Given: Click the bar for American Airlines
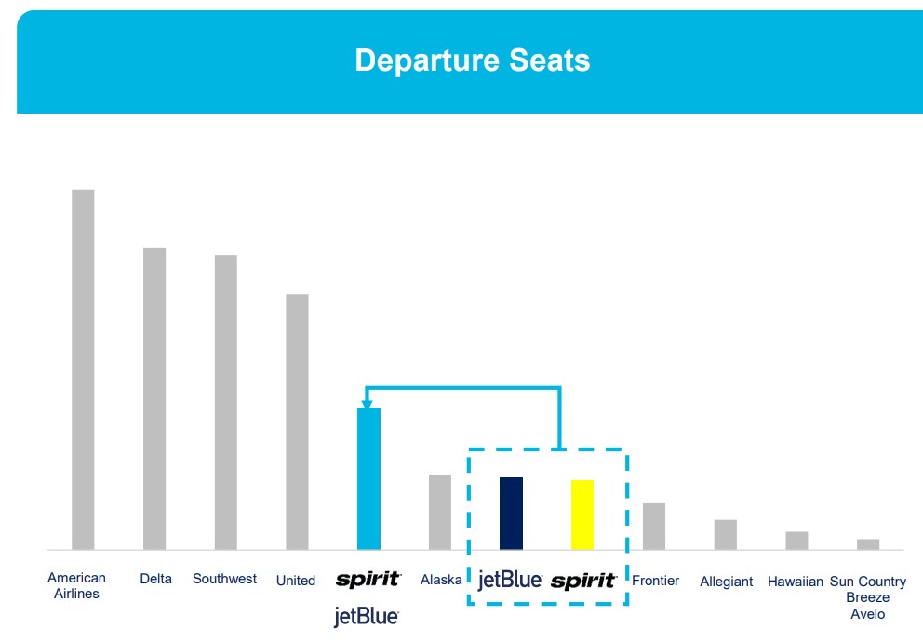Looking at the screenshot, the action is [83, 369].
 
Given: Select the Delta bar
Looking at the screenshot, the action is [154, 399].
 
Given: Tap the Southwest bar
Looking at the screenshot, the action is [226, 403].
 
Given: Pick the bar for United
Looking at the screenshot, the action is [297, 421].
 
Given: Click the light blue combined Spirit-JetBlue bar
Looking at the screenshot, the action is [369, 478].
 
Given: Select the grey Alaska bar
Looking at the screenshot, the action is [440, 512].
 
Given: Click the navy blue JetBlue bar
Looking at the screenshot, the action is [511, 513].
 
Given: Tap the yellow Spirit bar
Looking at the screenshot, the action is [582, 515].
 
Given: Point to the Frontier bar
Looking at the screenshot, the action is [654, 527].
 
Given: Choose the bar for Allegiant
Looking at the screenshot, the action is [725, 535].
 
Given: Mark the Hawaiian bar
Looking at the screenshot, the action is [796, 541].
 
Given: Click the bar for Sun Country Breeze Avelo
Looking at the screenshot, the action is [868, 544].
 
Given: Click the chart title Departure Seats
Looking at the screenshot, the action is [472, 60].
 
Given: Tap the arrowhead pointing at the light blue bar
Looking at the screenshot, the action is [367, 404].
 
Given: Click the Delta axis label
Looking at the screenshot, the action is [156, 579].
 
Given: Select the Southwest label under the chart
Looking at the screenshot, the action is [225, 579].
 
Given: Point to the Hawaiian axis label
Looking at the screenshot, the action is [796, 582].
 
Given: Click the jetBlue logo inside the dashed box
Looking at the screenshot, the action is [510, 581].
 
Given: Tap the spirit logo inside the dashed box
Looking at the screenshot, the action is [584, 582].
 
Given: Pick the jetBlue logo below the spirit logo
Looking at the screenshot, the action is [367, 617].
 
